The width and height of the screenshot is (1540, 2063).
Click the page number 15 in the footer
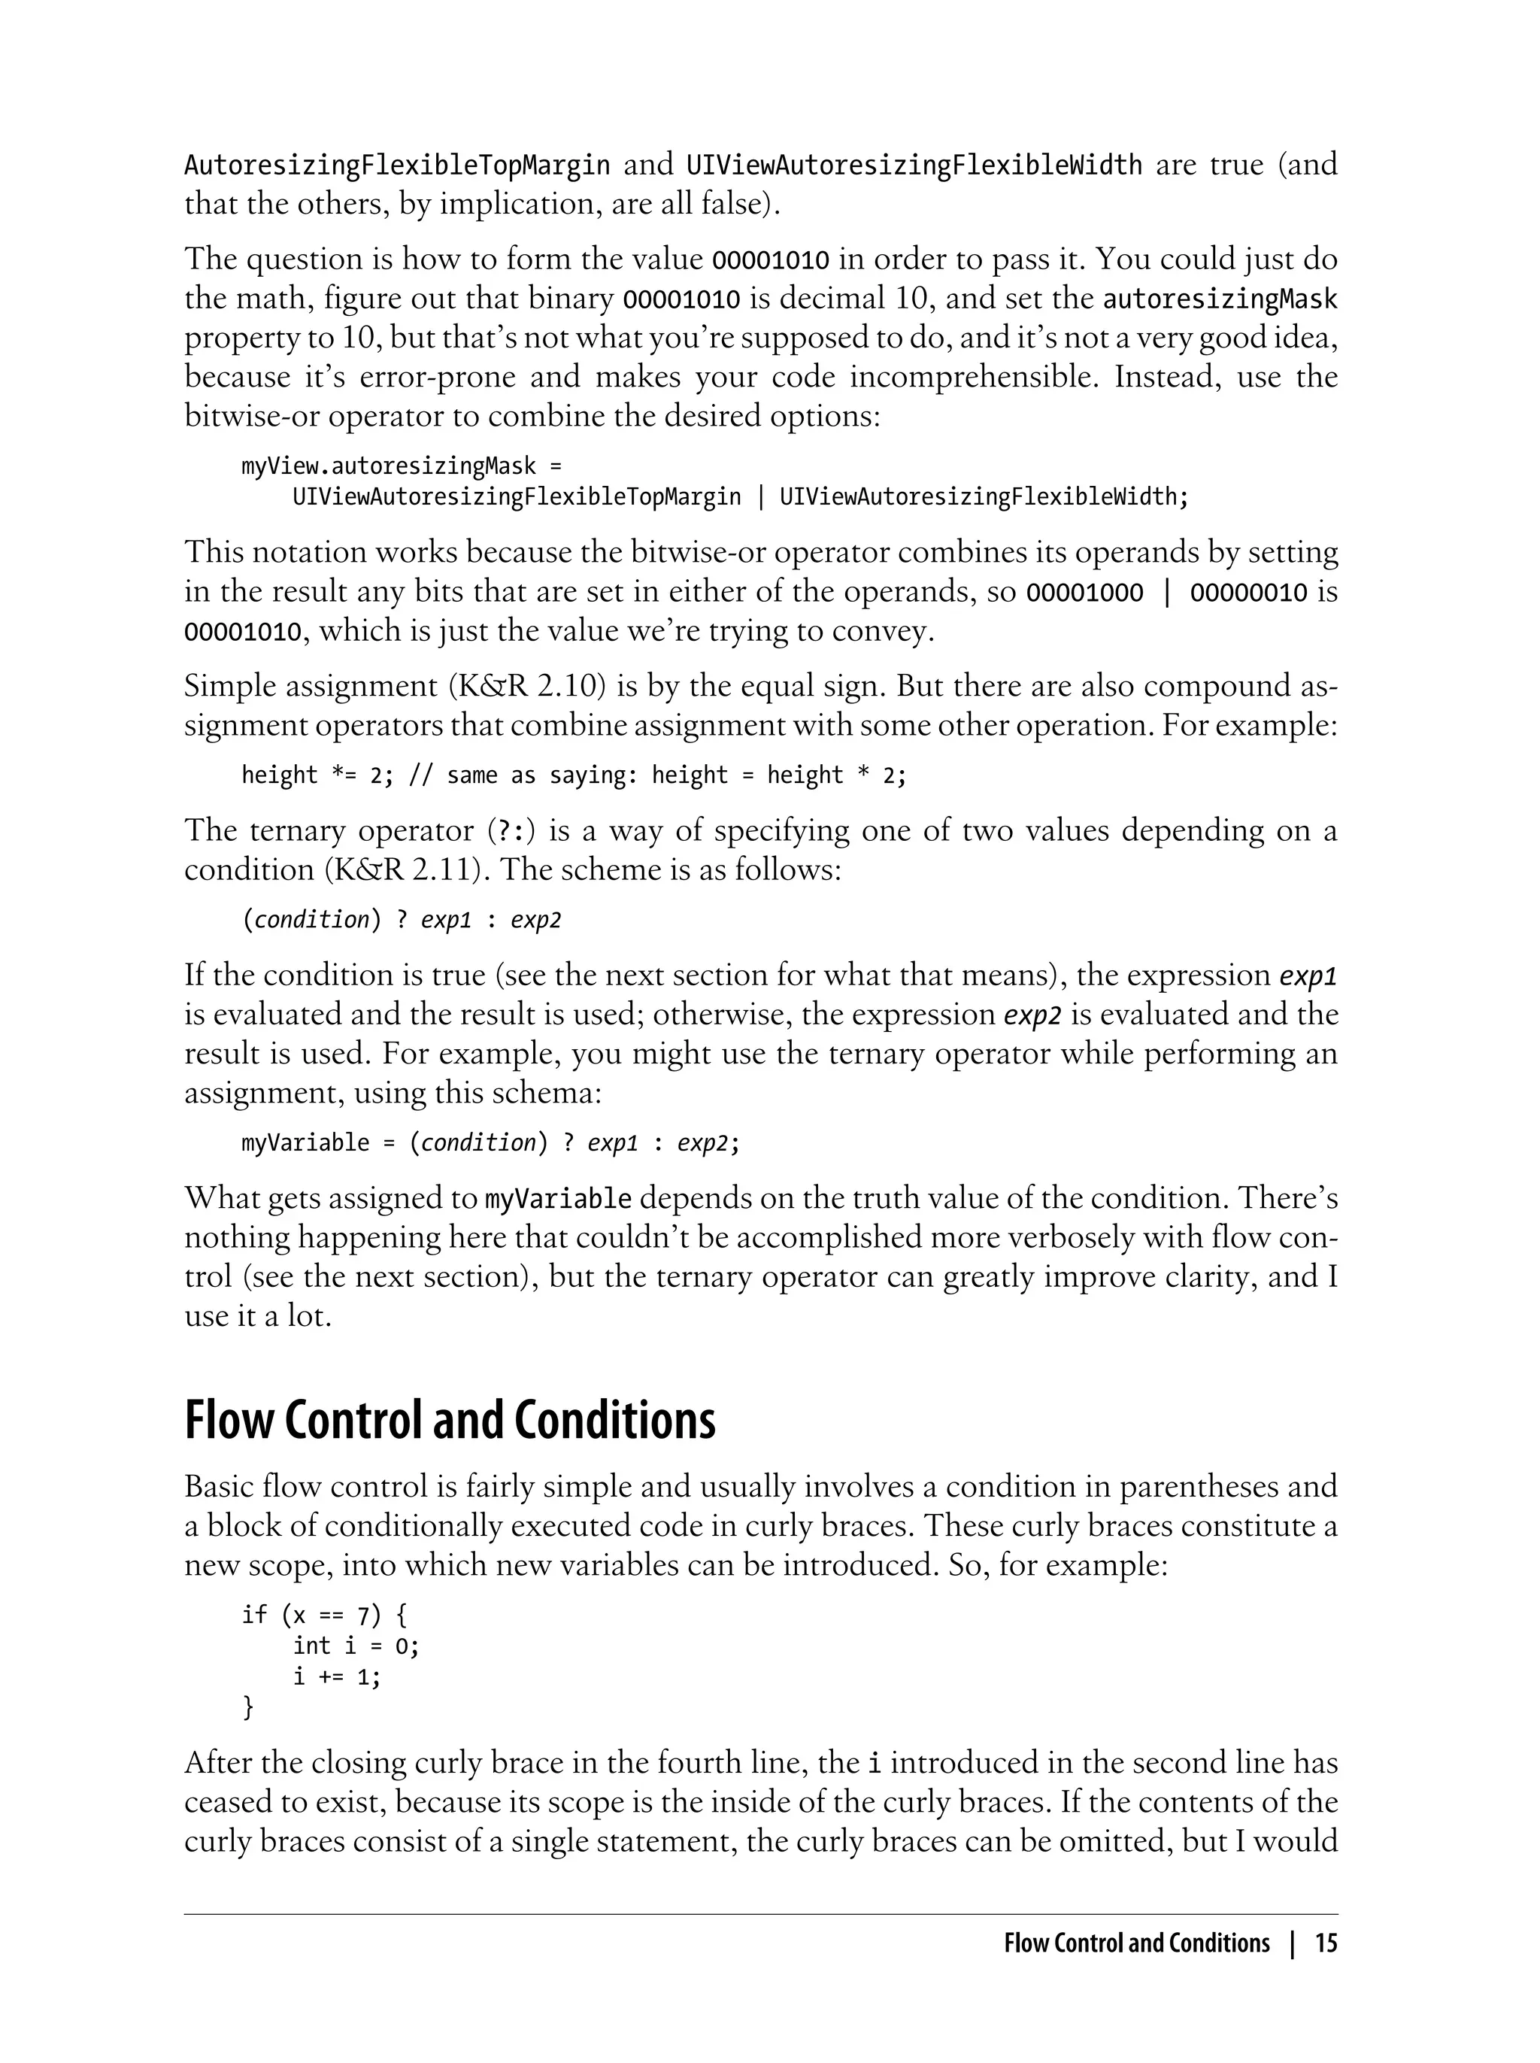(x=1326, y=1943)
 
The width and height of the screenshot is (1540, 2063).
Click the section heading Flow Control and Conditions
(x=450, y=1421)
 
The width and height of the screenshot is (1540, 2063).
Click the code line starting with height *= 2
(x=573, y=775)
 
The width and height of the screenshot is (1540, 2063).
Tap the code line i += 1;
(x=337, y=1676)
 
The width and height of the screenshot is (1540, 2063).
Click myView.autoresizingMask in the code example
(x=389, y=466)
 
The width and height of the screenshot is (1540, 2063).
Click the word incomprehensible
(x=974, y=377)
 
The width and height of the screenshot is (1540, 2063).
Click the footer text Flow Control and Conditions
(x=1136, y=1943)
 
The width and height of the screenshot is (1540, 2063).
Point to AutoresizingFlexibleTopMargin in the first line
(x=397, y=165)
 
